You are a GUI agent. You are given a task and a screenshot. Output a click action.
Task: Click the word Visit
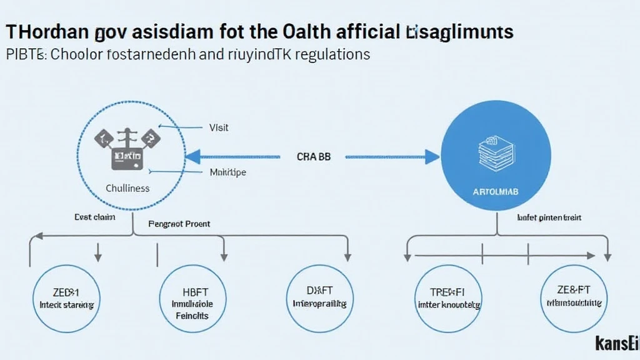point(219,127)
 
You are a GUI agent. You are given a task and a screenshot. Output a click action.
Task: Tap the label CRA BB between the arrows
point(313,157)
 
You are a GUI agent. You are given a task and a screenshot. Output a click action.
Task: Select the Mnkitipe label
point(227,172)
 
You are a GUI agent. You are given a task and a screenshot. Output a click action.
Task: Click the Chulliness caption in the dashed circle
point(127,187)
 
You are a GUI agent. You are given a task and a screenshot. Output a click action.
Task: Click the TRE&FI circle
point(448,299)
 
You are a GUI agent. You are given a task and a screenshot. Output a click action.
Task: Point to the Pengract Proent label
point(179,223)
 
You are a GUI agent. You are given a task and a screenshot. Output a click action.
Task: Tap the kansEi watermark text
point(615,343)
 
